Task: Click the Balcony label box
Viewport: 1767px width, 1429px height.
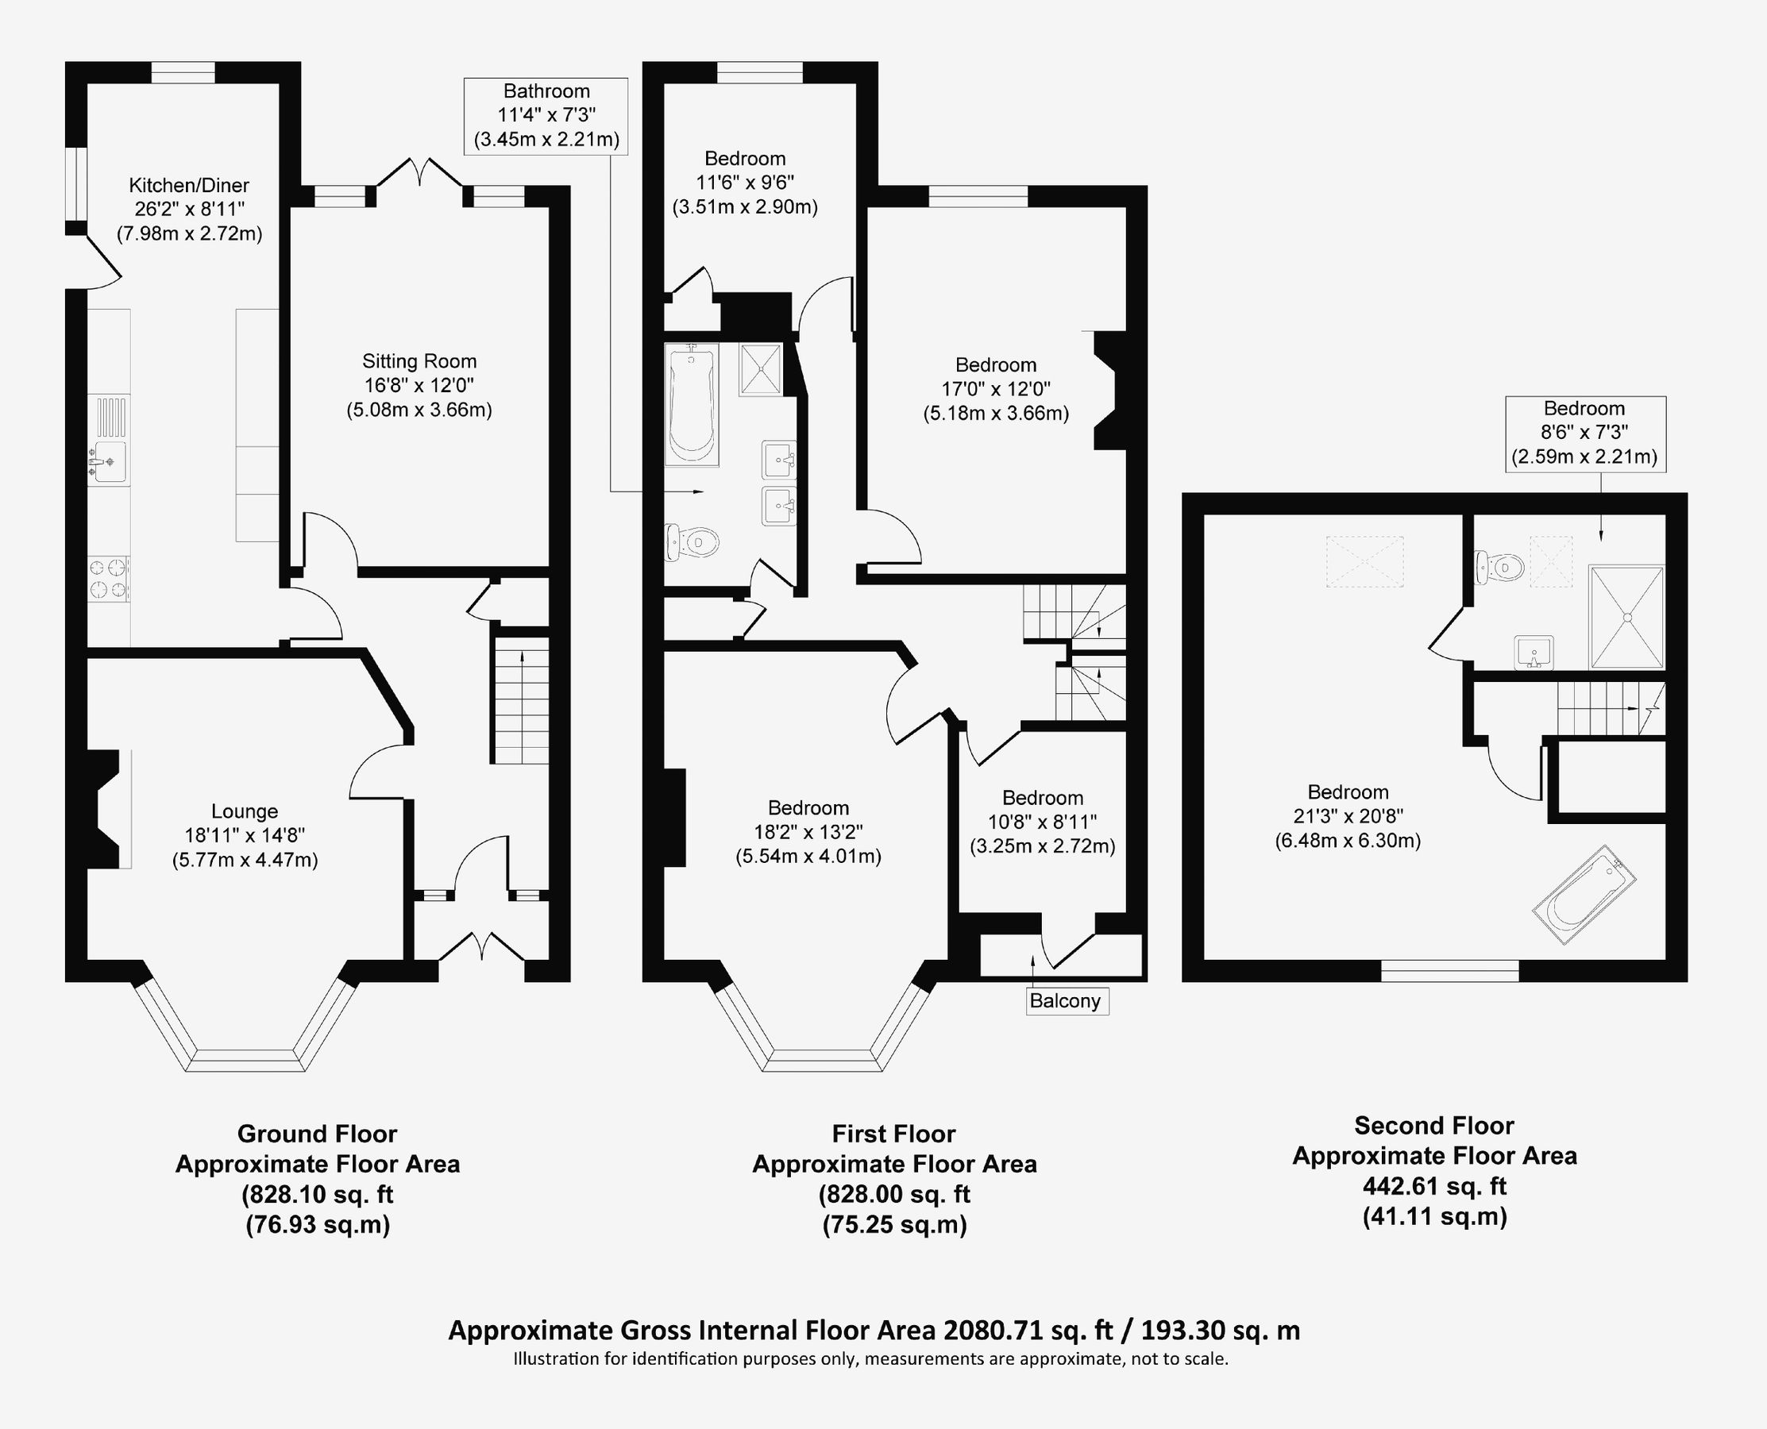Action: tap(1066, 1001)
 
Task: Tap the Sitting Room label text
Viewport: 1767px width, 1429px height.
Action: tap(419, 361)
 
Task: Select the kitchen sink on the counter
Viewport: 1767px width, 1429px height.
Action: tap(108, 461)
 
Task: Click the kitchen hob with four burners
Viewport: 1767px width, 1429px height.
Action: tap(109, 578)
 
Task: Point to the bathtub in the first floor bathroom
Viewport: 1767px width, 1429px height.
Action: tap(691, 404)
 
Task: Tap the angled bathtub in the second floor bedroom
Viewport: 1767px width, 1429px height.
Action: tap(1584, 895)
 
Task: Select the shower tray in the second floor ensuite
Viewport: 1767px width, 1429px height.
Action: tap(1626, 617)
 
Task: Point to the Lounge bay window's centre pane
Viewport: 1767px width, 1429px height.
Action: tap(245, 1060)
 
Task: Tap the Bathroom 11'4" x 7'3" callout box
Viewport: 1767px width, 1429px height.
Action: tap(546, 116)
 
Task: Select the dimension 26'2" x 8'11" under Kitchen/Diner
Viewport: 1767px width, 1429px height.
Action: tap(189, 209)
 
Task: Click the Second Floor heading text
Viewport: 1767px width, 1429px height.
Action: tap(1433, 1125)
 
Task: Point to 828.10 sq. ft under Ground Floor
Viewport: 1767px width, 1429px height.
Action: tap(317, 1193)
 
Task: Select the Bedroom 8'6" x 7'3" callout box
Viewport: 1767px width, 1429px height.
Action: tap(1584, 433)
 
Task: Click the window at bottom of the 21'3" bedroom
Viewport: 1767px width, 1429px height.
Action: tap(1449, 972)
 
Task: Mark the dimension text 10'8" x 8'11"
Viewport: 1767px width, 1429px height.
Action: tap(1042, 822)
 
